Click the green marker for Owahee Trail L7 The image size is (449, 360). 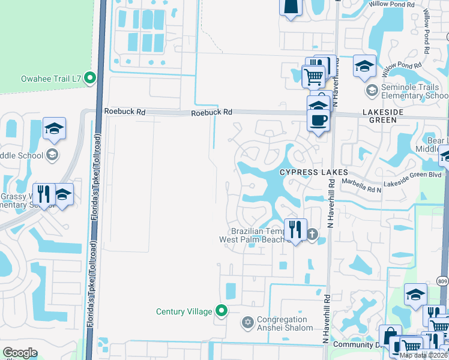(x=90, y=77)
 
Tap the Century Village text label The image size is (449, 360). (x=184, y=311)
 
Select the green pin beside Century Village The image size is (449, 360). (x=221, y=311)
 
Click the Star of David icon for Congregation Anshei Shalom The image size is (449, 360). (x=247, y=323)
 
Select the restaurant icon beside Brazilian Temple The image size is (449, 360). (x=294, y=229)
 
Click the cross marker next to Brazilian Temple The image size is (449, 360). (x=312, y=234)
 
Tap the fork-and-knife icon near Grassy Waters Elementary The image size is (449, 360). (x=43, y=193)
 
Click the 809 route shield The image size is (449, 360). (x=442, y=281)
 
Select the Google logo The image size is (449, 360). (x=20, y=353)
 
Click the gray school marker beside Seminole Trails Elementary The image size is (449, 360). (x=372, y=91)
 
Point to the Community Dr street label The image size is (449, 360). (x=354, y=344)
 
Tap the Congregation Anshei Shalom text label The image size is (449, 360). (x=285, y=324)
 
